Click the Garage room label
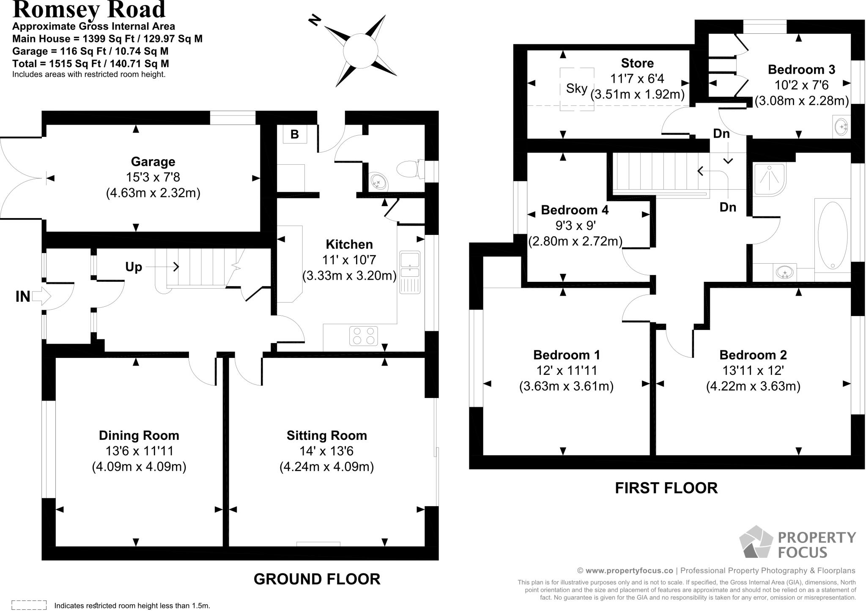[153, 162]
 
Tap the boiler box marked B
[295, 134]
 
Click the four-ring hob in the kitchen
[364, 336]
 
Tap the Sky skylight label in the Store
[577, 89]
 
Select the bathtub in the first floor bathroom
[832, 235]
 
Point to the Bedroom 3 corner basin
[841, 126]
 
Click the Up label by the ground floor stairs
[134, 267]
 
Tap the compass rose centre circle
[360, 51]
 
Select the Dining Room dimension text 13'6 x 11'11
[139, 451]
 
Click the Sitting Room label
[326, 435]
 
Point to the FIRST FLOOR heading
[666, 488]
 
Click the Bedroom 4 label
[575, 210]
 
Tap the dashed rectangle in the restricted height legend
[29, 605]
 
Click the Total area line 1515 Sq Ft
[90, 64]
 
